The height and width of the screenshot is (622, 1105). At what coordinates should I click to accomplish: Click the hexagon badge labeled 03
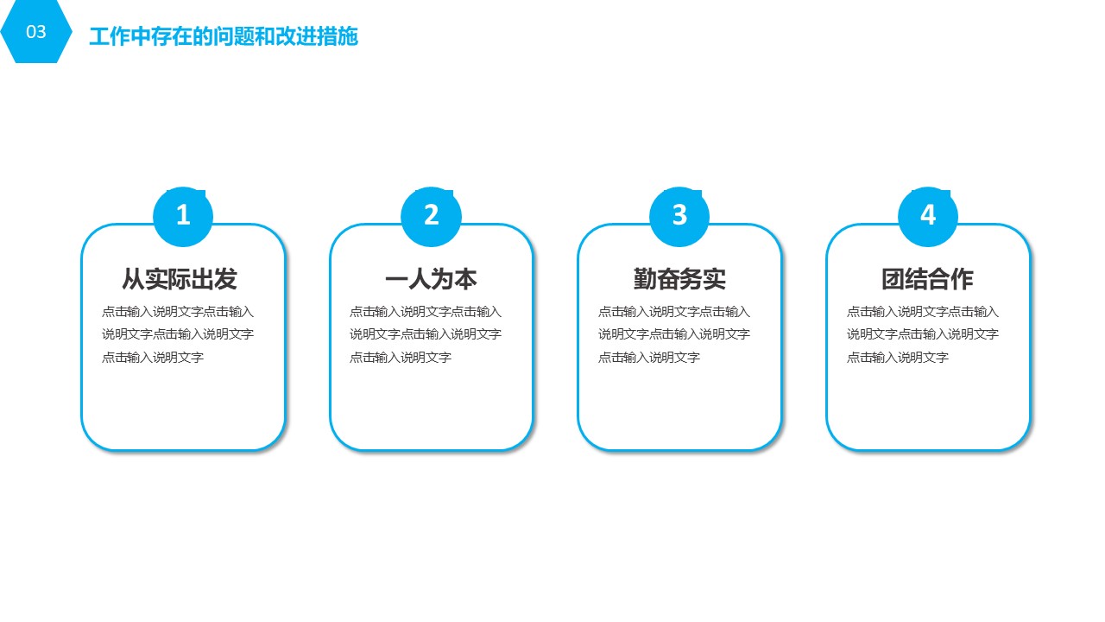coord(36,31)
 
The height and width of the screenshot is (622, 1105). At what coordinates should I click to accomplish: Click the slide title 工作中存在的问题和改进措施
coord(224,36)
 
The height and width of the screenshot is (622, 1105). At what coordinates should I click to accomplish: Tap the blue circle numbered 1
coord(183,216)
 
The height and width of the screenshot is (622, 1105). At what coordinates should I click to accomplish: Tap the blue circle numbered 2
coord(431,216)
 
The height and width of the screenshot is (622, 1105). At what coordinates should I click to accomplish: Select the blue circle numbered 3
coord(679,216)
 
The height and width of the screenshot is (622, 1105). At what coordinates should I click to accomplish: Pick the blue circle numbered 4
coord(928,216)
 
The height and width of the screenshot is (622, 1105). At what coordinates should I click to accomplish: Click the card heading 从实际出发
coord(180,279)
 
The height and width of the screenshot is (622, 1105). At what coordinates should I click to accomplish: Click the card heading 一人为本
coord(431,279)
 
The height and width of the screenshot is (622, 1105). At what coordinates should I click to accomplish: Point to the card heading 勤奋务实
coord(679,279)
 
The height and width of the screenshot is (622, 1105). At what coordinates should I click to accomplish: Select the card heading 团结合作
coord(927,279)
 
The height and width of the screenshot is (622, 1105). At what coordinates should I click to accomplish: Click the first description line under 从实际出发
coord(178,312)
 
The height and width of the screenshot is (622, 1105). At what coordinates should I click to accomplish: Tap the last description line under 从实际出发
coord(153,357)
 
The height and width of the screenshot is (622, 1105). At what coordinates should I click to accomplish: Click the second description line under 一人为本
coord(426,334)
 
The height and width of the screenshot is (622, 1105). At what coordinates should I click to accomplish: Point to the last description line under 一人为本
coord(401,357)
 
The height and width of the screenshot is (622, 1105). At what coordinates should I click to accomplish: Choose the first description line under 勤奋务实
coord(674,312)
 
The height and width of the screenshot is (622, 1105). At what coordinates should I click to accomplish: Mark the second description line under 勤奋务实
coord(674,334)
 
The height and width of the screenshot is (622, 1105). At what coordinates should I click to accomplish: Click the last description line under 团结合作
coord(897,357)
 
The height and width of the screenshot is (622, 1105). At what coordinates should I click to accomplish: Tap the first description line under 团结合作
coord(923,312)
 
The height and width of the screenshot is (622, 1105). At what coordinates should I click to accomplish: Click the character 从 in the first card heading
coord(133,279)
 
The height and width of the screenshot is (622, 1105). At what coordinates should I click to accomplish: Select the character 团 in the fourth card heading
coord(893,279)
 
